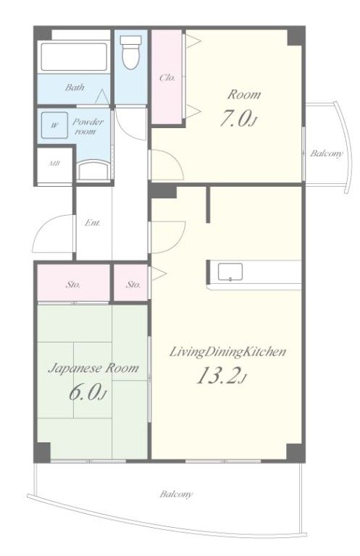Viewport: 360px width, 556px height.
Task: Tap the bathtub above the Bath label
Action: (74, 56)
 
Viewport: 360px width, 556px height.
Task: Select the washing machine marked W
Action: (54, 125)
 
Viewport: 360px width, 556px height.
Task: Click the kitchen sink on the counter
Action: (230, 272)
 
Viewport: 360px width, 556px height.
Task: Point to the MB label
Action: (54, 164)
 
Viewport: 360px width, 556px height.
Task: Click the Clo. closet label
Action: (167, 77)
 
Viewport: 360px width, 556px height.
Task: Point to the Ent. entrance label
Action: (93, 223)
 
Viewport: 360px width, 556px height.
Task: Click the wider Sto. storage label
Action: (73, 285)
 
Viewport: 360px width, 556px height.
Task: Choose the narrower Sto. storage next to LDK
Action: (133, 285)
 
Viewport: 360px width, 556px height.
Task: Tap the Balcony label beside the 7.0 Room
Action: (327, 153)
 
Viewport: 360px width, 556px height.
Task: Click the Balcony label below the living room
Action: (176, 494)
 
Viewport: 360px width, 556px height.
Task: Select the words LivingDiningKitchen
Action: (227, 352)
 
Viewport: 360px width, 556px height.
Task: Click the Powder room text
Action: (88, 127)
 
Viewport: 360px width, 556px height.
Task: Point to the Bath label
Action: (75, 87)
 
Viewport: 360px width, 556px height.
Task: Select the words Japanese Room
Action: (93, 368)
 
